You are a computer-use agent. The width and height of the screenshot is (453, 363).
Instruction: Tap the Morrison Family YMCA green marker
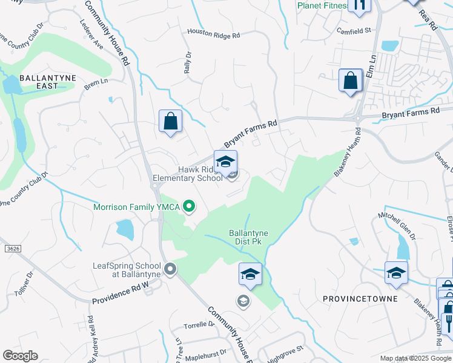click(x=189, y=207)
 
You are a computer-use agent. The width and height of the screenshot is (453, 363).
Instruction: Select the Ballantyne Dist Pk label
click(x=248, y=237)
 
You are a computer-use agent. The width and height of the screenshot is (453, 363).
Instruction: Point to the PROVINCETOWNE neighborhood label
click(x=360, y=299)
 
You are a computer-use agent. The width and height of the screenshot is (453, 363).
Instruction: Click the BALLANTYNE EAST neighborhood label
click(x=39, y=82)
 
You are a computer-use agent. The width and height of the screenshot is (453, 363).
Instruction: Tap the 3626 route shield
click(x=11, y=248)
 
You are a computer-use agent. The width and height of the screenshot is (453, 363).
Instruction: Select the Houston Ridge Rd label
click(x=213, y=34)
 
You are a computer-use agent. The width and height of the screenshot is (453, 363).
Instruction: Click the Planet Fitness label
click(x=322, y=6)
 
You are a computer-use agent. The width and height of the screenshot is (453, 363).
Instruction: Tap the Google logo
click(x=20, y=355)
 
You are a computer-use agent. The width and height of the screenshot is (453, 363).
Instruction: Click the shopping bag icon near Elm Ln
click(x=351, y=80)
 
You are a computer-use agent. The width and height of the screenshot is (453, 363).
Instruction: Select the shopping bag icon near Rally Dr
click(x=171, y=121)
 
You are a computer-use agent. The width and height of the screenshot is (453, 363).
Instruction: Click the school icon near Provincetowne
click(x=396, y=273)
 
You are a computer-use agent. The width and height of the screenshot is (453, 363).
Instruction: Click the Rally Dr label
click(x=188, y=62)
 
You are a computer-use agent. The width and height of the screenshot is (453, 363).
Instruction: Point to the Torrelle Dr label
click(x=203, y=324)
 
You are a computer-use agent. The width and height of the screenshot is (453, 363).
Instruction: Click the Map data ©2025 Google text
click(x=415, y=358)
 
